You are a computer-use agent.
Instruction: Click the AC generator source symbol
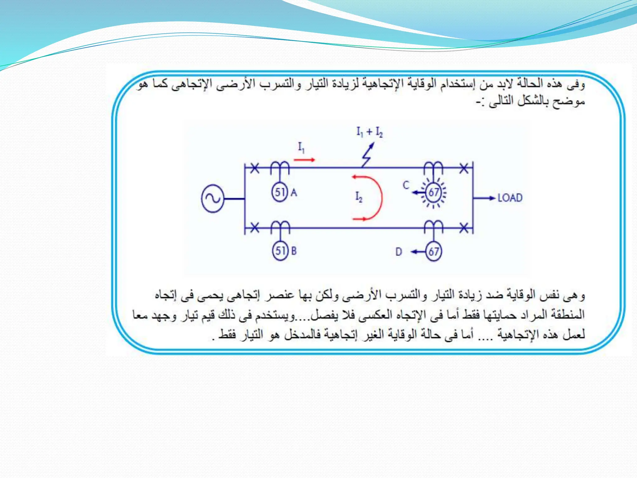[x=213, y=199]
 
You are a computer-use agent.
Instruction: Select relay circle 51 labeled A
[x=280, y=192]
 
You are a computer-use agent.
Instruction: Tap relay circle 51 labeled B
[x=280, y=251]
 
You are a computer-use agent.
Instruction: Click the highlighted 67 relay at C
[x=434, y=192]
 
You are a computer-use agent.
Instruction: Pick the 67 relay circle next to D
[x=434, y=251]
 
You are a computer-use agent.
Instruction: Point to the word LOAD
[x=510, y=198]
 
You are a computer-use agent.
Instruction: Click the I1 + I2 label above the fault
[x=370, y=132]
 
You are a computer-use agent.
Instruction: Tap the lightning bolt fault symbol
[x=368, y=155]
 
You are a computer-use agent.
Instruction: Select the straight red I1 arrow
[x=304, y=160]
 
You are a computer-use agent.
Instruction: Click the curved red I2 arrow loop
[x=375, y=198]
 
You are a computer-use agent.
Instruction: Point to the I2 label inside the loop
[x=359, y=197]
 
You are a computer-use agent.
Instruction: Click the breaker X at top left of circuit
[x=255, y=168]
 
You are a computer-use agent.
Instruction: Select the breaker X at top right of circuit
[x=464, y=168]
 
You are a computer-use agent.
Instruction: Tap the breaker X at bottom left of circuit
[x=255, y=228]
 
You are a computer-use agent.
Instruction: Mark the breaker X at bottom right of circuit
[x=464, y=228]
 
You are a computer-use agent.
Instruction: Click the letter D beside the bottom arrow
[x=399, y=252]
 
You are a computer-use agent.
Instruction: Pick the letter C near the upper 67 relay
[x=406, y=185]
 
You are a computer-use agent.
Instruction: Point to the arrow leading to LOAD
[x=484, y=198]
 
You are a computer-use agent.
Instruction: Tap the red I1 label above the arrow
[x=301, y=147]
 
